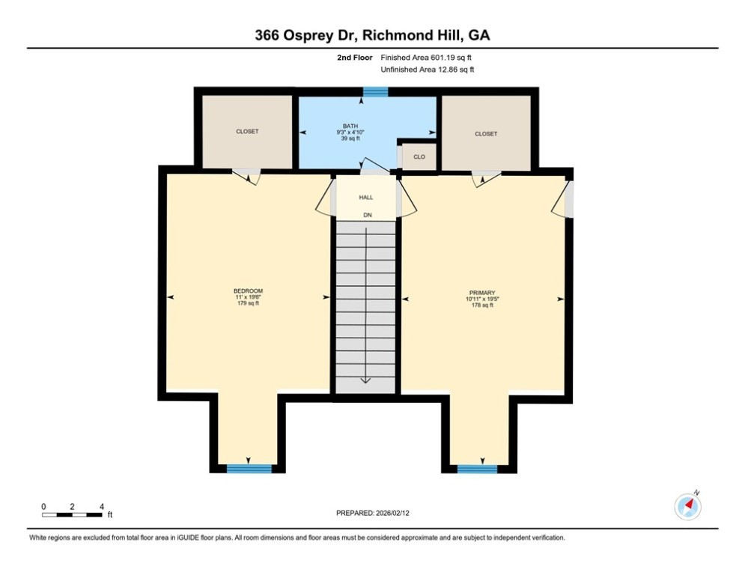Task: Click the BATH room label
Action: [350, 126]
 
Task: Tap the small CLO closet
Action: [419, 156]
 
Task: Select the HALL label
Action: [366, 197]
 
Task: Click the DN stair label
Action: [368, 216]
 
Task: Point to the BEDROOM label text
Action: [248, 290]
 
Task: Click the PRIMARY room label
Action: [482, 293]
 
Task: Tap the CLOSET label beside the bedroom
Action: [247, 131]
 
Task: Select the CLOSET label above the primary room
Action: [486, 134]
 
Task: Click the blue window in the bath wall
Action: [375, 91]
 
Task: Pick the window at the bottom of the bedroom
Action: [249, 469]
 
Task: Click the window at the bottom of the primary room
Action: [477, 469]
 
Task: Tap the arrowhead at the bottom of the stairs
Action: [366, 380]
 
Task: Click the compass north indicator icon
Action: [687, 507]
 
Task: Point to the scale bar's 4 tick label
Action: [101, 507]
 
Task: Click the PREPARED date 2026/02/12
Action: [393, 513]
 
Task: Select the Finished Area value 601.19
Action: [443, 58]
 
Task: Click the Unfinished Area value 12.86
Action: [448, 70]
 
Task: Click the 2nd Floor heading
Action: [354, 58]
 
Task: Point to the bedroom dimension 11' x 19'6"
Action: [248, 297]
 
